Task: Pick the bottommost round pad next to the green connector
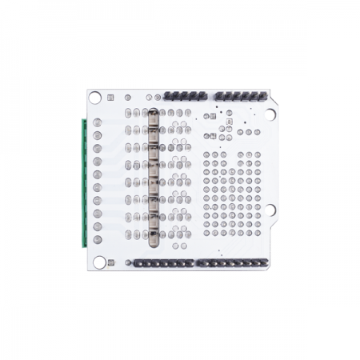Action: (98, 239)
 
